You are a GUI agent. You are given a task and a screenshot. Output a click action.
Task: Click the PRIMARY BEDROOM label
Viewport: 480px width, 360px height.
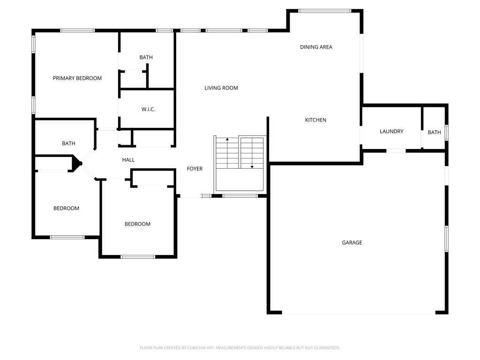77,78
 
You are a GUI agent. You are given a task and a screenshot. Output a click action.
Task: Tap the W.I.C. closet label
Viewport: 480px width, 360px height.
148,109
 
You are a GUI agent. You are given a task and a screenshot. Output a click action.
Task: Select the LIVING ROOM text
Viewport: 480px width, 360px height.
221,88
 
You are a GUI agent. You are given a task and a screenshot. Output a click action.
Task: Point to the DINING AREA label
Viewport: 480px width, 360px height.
316,47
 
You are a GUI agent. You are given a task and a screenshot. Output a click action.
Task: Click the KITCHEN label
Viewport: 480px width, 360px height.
315,120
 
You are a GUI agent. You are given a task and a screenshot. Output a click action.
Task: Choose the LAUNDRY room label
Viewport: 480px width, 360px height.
391,131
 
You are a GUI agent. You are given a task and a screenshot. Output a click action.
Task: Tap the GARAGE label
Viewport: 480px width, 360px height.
352,242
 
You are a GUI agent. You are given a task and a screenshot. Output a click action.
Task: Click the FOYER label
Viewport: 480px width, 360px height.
195,169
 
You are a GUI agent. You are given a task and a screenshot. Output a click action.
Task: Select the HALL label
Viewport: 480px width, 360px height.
128,160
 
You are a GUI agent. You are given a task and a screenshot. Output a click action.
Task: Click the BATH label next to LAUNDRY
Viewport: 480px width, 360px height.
434,132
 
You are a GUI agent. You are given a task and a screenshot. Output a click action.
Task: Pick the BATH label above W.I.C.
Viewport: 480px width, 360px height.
146,57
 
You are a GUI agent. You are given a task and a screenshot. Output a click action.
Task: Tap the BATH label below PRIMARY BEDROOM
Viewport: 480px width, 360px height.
68,143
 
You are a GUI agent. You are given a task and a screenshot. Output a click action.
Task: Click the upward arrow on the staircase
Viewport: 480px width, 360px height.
227,140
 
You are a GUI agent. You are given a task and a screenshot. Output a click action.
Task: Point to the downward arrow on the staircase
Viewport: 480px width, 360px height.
252,166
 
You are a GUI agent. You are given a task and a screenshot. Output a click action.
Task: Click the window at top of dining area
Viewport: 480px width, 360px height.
324,11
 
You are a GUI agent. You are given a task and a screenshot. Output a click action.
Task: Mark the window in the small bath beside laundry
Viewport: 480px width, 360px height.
446,132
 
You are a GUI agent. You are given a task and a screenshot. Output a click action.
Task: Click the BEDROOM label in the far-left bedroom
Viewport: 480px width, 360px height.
66,208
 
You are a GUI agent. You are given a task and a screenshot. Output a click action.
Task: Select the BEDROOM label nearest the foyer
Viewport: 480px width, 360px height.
137,224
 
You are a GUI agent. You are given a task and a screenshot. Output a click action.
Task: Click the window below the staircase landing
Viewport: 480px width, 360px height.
240,195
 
